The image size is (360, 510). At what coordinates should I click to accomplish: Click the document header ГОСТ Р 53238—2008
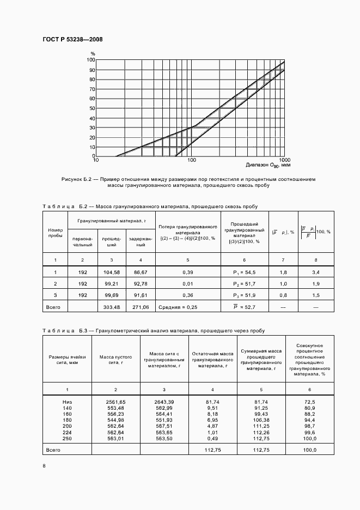(x=72, y=40)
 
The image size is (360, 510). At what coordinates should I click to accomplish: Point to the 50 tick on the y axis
(x=92, y=108)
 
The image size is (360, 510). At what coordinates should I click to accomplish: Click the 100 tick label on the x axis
(x=191, y=160)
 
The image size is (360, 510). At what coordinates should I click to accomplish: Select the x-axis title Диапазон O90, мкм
(x=268, y=165)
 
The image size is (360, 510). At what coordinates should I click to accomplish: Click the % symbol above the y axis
(x=93, y=53)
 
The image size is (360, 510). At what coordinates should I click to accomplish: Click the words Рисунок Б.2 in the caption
(x=80, y=179)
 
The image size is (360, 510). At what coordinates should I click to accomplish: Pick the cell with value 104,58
(x=111, y=271)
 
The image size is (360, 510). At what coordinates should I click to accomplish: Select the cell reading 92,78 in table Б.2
(x=141, y=284)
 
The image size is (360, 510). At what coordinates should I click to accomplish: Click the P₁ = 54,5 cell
(x=244, y=271)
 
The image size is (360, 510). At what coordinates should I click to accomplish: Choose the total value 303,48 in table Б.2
(x=111, y=307)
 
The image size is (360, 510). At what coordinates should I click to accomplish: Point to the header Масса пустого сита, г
(x=116, y=360)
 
